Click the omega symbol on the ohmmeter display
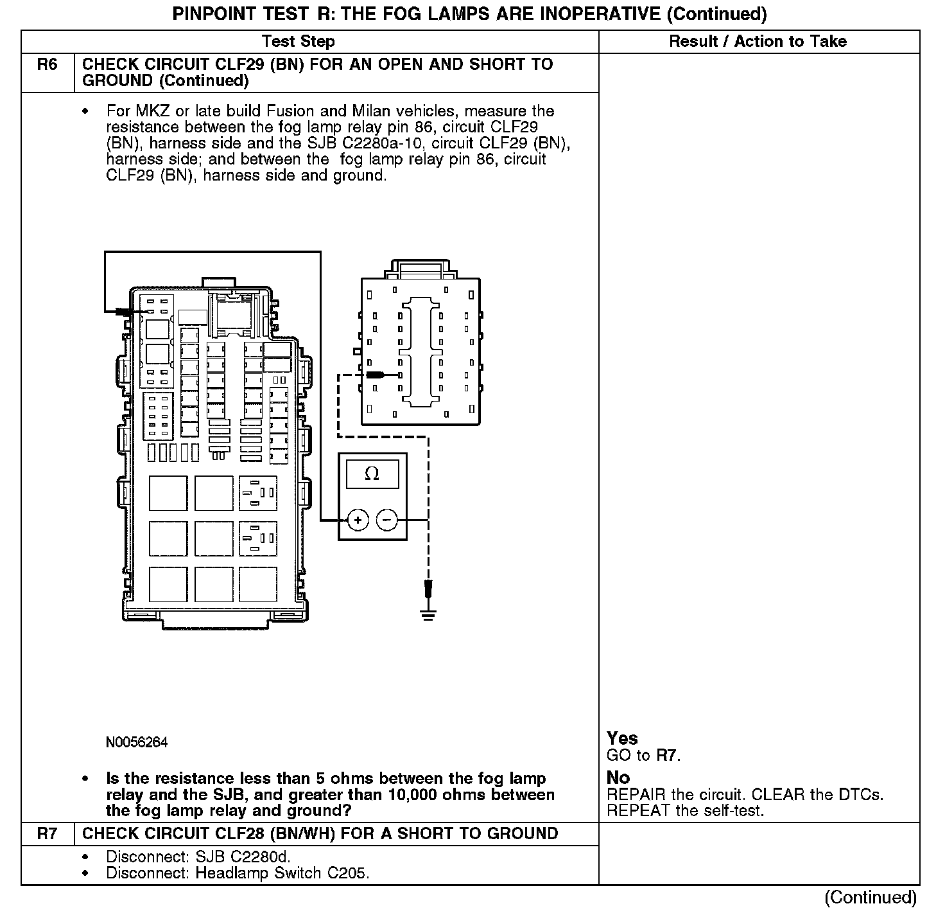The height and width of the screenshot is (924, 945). click(x=372, y=474)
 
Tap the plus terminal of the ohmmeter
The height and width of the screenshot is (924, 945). click(x=358, y=520)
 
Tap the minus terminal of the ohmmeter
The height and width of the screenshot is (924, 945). click(x=387, y=520)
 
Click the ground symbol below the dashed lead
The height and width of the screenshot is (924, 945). click(x=429, y=614)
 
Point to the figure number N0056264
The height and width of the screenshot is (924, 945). click(x=137, y=743)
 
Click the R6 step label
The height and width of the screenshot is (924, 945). click(x=48, y=65)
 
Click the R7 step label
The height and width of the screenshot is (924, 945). click(x=48, y=834)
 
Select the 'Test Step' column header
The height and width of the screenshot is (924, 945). click(x=299, y=42)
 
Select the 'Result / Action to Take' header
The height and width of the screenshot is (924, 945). click(x=758, y=42)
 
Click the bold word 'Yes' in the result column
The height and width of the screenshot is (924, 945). click(x=622, y=738)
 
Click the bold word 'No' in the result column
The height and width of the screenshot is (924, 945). click(x=618, y=777)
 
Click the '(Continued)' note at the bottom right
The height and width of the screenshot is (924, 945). click(x=871, y=898)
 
